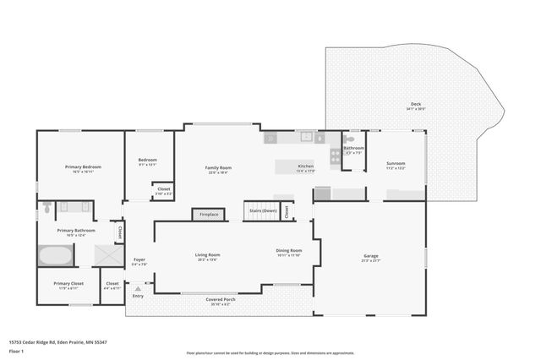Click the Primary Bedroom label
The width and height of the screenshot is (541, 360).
pyautogui.click(x=83, y=167)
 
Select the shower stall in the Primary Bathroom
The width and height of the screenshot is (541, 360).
pyautogui.click(x=106, y=255)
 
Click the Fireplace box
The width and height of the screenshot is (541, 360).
pyautogui.click(x=209, y=215)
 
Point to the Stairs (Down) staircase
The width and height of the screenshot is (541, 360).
pyautogui.click(x=262, y=210)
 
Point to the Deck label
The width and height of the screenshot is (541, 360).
pyautogui.click(x=415, y=104)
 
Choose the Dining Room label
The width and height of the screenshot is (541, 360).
pyautogui.click(x=289, y=251)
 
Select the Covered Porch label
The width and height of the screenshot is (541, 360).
pyautogui.click(x=221, y=300)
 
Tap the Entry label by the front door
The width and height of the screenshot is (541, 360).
pyautogui.click(x=138, y=296)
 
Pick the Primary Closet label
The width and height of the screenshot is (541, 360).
pyautogui.click(x=67, y=283)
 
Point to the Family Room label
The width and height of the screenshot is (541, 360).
pyautogui.click(x=218, y=167)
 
